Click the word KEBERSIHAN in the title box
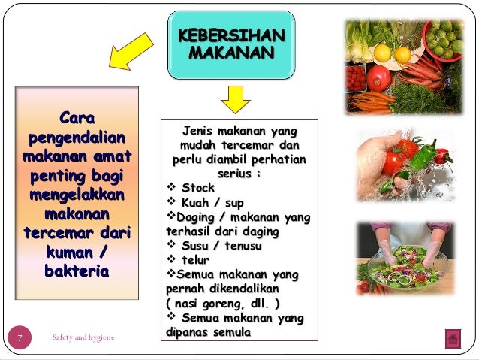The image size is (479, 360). point(231,35)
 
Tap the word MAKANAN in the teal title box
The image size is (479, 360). point(231,53)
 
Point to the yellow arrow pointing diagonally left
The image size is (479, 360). point(131,52)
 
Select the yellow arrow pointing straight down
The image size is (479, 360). point(236,100)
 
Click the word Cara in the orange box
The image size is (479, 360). point(77,118)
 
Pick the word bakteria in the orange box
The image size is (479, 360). point(77,271)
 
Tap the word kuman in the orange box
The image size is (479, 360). point(69,253)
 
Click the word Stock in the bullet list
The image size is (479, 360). point(198,187)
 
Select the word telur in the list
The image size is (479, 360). point(195,260)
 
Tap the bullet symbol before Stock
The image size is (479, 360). point(171,186)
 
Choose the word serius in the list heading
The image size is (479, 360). point(234,174)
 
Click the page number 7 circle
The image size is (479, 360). point(20,337)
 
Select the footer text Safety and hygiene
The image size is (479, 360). point(83,337)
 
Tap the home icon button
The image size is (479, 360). point(453,339)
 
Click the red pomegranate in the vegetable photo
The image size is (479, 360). point(379,78)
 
